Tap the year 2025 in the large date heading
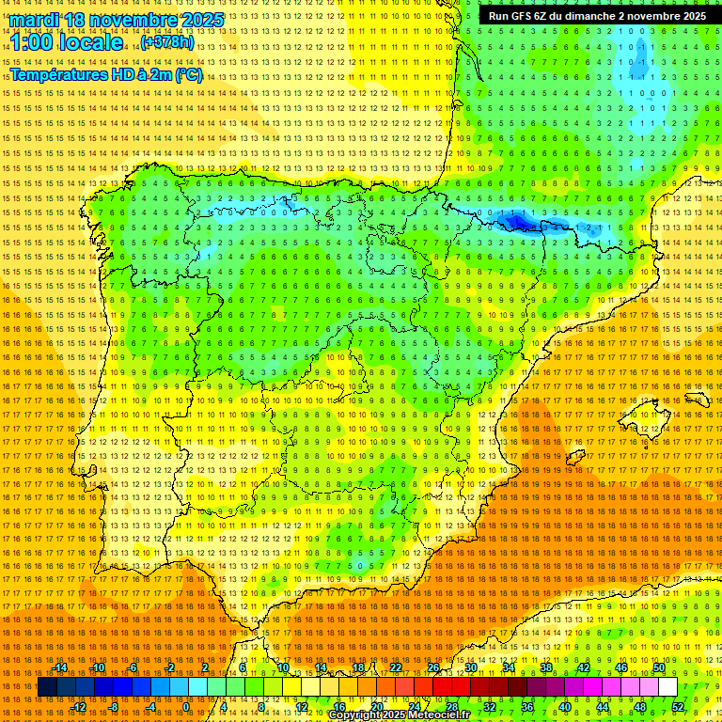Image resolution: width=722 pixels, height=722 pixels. pos(200,20)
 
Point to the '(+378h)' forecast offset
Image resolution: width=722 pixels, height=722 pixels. pos(167,43)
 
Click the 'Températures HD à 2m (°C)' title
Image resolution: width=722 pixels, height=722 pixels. pos(105,75)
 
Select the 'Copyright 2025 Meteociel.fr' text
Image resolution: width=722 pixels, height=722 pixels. pos(400,715)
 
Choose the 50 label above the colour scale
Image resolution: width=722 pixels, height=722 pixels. pos(659,667)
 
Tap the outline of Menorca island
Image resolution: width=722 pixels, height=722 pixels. pos(697,399)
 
